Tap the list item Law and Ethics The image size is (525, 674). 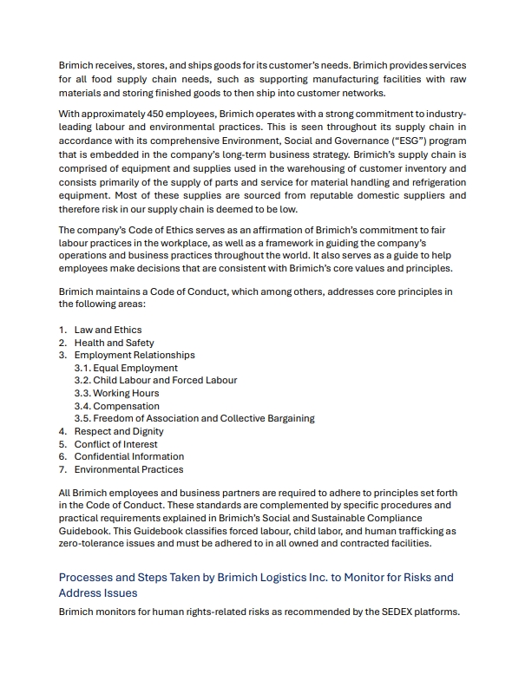(x=108, y=330)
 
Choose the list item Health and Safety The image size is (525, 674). (x=114, y=343)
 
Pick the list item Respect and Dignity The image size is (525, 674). (x=119, y=431)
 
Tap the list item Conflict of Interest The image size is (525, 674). (x=116, y=444)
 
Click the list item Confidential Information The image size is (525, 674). (x=128, y=456)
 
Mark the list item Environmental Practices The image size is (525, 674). (x=128, y=469)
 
